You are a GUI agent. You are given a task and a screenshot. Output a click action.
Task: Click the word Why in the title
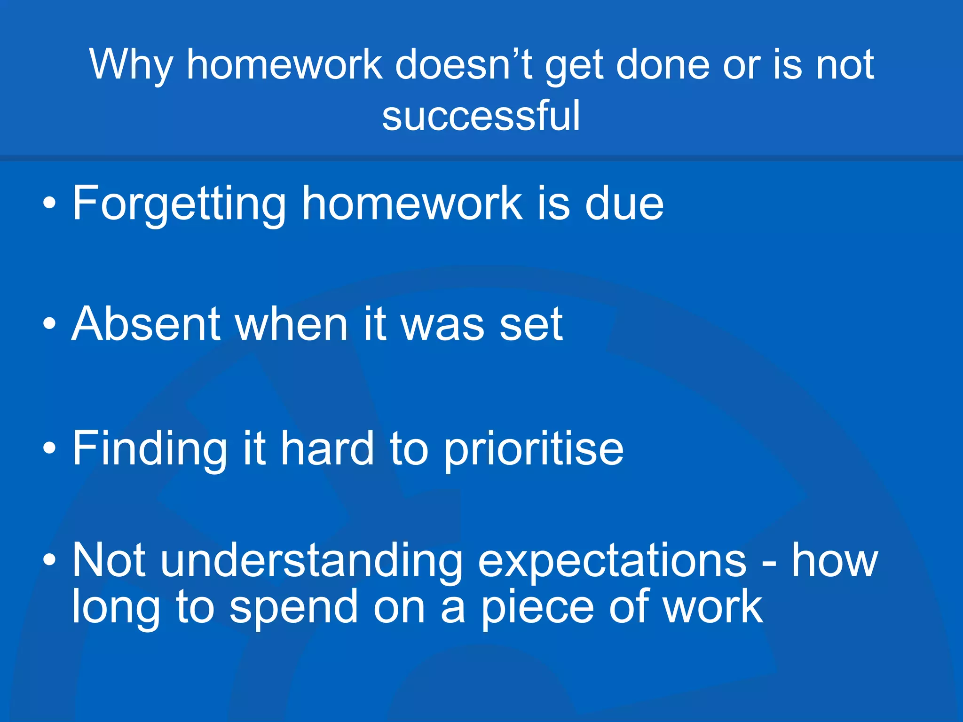click(131, 66)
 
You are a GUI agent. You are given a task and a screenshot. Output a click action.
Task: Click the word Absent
click(146, 324)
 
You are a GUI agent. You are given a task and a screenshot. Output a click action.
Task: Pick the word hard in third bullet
click(327, 449)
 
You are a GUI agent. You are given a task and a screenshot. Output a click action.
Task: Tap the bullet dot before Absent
click(49, 324)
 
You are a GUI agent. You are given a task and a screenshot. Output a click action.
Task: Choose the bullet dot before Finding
click(49, 449)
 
